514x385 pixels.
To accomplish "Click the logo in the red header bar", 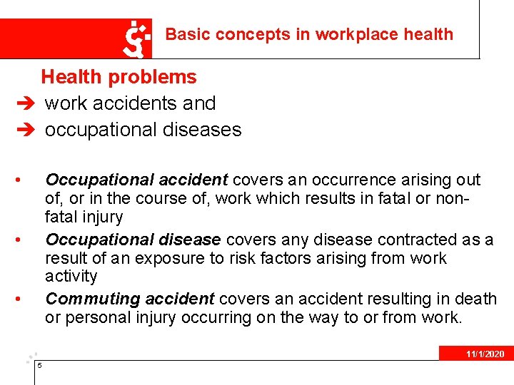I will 137,38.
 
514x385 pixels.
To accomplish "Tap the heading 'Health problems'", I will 119,77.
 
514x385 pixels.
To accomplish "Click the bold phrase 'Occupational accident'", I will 136,180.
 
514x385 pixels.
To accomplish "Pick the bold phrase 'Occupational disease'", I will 132,240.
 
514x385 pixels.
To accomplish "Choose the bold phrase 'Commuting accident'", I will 129,299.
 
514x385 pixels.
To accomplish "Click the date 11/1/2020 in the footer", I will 485,354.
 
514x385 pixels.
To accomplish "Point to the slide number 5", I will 40,366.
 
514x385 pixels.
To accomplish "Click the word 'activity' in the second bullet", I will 71,276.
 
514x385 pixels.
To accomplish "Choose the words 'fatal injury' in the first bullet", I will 84,217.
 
